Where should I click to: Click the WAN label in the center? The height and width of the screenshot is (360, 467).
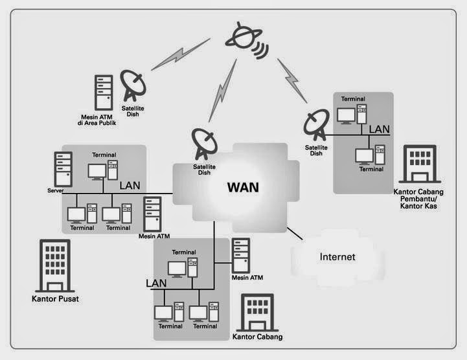click(x=242, y=188)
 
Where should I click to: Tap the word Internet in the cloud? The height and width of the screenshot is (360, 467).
click(x=337, y=257)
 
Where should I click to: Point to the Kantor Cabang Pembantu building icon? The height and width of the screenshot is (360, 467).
click(x=420, y=164)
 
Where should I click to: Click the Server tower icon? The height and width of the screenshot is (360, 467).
click(x=63, y=169)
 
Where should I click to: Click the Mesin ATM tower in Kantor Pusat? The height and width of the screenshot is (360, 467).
click(x=153, y=214)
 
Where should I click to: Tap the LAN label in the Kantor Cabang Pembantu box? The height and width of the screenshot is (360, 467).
click(x=379, y=129)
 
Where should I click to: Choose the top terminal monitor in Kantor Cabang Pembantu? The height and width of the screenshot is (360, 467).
click(x=347, y=115)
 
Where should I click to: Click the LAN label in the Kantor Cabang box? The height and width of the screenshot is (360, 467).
click(x=156, y=283)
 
